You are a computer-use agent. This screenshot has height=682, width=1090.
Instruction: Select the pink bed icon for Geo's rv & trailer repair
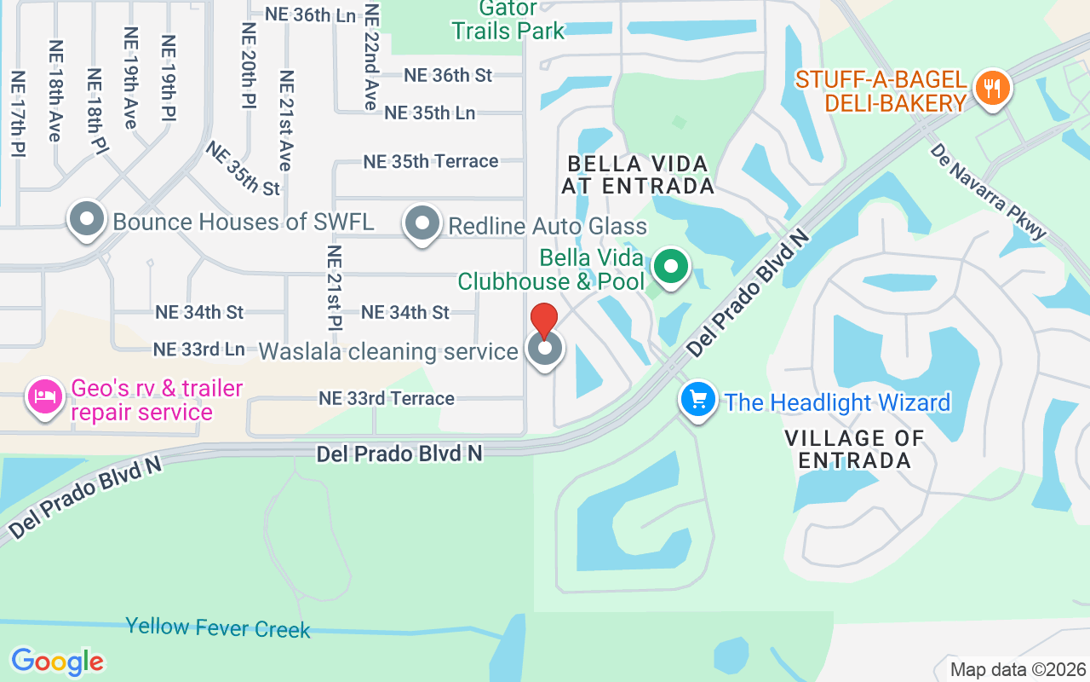[x=45, y=396]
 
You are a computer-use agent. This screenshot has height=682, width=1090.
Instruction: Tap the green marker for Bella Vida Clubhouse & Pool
[x=671, y=267]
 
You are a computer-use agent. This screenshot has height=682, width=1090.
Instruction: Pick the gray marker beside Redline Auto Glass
[x=422, y=223]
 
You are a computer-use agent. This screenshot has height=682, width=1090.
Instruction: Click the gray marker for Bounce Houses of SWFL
[x=86, y=219]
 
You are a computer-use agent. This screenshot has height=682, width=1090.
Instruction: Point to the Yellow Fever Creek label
[x=218, y=628]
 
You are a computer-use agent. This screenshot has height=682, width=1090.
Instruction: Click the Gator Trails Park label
[x=508, y=20]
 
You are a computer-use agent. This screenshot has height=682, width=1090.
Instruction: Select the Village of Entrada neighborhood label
[x=855, y=449]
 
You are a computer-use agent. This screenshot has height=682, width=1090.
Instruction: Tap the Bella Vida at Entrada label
[x=639, y=174]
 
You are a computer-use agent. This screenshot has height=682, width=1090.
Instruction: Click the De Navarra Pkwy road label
[x=988, y=191]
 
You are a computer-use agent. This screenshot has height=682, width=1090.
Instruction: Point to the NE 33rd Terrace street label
[x=387, y=398]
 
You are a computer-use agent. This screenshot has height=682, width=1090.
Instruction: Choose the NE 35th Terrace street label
[x=431, y=161]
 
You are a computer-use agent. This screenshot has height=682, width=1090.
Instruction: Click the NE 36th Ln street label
[x=310, y=14]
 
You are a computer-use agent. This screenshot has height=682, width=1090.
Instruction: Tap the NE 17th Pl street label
[x=17, y=113]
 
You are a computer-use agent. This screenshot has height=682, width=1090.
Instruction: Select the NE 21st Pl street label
[x=334, y=288]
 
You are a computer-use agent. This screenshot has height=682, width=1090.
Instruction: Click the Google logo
[x=57, y=661]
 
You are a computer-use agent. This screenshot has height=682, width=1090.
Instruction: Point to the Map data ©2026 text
[x=1018, y=669]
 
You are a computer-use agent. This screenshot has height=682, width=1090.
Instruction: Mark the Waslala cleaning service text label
[x=388, y=351]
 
